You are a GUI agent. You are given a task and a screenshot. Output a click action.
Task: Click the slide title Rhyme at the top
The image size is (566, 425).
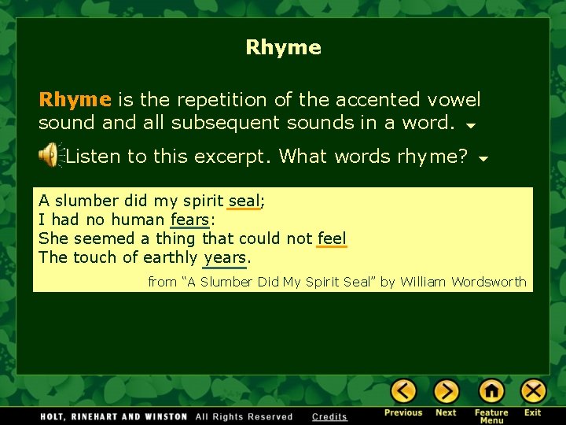coord(283,47)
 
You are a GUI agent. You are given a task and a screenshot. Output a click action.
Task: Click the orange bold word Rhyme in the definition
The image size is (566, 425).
coord(75,100)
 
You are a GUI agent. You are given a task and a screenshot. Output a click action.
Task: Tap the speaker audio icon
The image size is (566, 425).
coord(50,155)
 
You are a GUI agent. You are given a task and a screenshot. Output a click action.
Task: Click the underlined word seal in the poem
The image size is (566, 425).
coord(244,201)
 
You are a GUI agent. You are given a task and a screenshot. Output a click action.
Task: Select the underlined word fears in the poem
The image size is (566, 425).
coord(189,220)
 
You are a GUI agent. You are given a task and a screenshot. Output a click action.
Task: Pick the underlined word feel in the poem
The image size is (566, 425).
coord(332,238)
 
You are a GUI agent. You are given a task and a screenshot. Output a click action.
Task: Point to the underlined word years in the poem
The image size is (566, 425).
coord(225,257)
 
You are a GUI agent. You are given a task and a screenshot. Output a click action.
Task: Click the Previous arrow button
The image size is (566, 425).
coord(403,391)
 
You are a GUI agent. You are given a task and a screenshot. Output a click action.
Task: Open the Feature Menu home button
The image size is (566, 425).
coord(491,391)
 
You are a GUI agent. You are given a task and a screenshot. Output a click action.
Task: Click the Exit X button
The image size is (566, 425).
coord(533,391)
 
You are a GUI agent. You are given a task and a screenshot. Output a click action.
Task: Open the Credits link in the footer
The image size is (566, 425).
coord(329,416)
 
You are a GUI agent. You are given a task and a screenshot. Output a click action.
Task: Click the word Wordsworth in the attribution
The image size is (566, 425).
coord(487,282)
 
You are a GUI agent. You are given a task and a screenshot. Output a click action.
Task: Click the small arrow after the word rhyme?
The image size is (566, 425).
coord(483,159)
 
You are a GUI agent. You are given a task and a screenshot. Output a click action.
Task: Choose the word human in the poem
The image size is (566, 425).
coord(138,220)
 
